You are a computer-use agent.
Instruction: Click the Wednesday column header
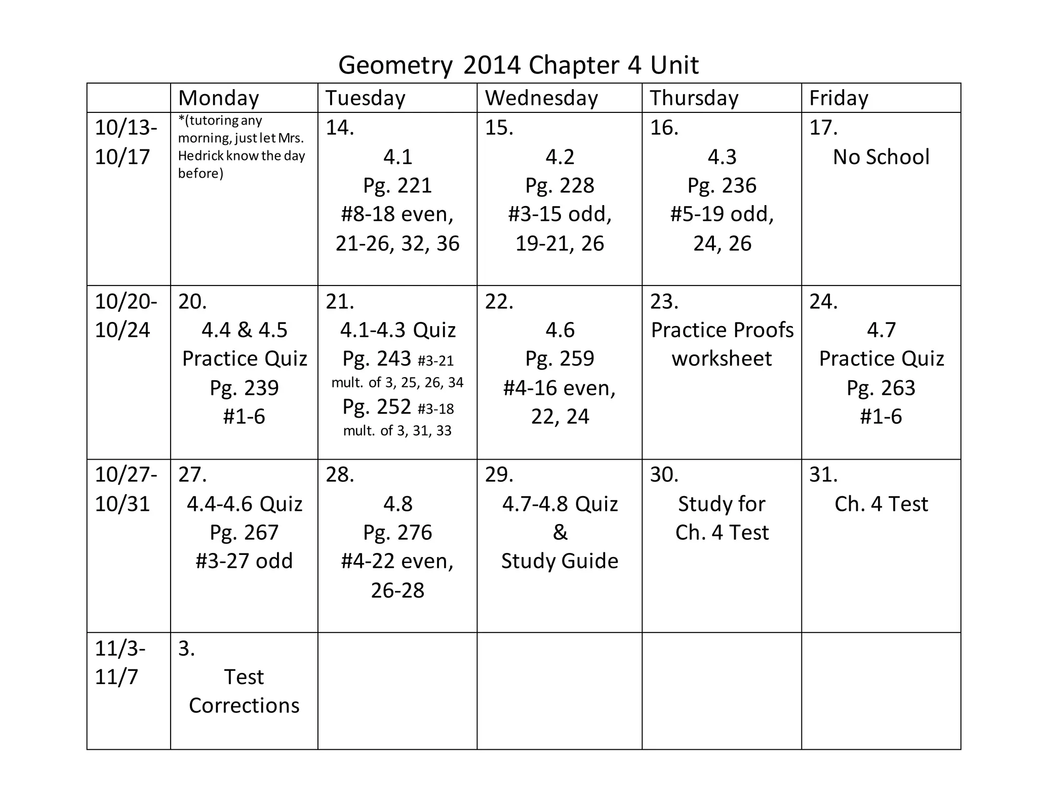point(541,98)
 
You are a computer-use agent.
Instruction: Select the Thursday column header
point(694,98)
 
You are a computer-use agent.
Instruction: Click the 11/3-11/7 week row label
point(119,662)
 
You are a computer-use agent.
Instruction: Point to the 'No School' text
point(881,157)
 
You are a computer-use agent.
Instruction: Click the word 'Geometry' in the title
point(395,65)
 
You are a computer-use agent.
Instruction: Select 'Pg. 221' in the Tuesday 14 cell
point(397,186)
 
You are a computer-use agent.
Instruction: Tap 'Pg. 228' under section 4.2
point(560,186)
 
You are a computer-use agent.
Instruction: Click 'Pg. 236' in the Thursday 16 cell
point(722,186)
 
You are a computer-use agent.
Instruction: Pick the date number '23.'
point(664,302)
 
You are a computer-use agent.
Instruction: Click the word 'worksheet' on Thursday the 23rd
point(722,358)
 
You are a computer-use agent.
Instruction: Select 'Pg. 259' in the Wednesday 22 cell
point(560,358)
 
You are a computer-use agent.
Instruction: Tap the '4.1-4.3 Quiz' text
point(397,330)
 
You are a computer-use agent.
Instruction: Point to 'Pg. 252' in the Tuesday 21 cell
point(376,407)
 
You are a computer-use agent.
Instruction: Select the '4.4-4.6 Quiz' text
point(245,504)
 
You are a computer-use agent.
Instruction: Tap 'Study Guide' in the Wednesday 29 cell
point(560,562)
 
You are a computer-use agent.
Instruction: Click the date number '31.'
point(823,475)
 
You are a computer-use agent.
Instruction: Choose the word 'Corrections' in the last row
point(244,706)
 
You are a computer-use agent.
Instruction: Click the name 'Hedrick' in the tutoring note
point(201,156)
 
